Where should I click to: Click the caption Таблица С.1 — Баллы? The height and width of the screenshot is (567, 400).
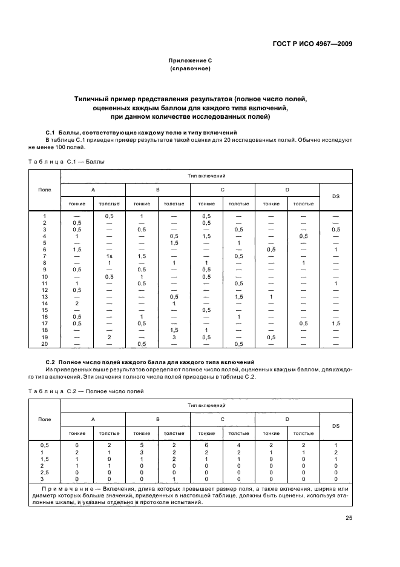point(67,162)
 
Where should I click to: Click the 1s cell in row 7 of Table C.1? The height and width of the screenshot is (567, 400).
point(110,256)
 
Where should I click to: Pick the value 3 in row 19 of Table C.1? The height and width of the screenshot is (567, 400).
point(174,337)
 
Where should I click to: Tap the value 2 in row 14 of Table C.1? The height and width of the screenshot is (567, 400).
point(77,303)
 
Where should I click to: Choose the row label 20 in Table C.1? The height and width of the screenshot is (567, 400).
point(44,343)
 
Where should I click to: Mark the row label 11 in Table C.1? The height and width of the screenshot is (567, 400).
point(44,283)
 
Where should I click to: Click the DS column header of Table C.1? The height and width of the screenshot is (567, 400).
point(335,196)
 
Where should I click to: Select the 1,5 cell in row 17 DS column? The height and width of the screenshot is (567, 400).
point(335,323)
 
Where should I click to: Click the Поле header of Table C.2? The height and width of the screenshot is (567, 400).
point(44,419)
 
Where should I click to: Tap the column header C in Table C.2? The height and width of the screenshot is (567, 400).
point(222,419)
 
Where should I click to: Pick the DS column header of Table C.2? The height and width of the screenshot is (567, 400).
point(335,426)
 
